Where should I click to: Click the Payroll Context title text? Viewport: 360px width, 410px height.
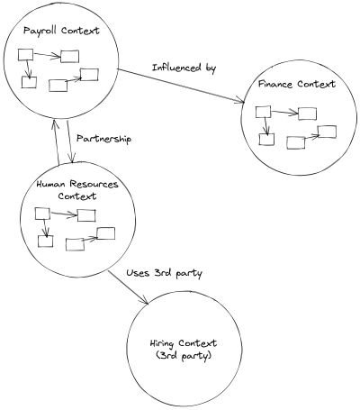pos(61,31)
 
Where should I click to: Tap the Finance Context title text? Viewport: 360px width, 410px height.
pos(297,84)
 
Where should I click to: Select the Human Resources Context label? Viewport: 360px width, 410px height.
pos(77,190)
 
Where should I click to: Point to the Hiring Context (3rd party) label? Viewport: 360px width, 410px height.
pos(184,350)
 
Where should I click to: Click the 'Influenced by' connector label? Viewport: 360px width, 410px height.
pos(184,68)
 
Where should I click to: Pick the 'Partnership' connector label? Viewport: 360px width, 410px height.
pos(103,139)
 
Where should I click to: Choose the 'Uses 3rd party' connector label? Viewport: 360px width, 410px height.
pos(164,273)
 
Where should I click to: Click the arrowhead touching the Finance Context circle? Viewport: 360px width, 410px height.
pos(241,100)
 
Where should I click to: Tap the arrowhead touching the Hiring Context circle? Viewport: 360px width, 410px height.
pos(145,300)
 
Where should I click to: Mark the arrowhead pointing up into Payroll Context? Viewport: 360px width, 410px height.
pos(54,124)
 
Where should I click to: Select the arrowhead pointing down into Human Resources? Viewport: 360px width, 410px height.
pos(71,159)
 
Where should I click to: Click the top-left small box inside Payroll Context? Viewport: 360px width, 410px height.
pos(26,55)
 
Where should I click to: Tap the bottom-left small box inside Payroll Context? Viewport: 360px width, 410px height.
pos(29,82)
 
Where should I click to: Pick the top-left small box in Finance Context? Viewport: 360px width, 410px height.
pos(263,112)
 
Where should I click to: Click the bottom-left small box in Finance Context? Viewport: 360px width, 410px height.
pos(266,140)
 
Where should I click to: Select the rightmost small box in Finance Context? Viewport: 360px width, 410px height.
pos(327,132)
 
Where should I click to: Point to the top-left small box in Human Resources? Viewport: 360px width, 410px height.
pos(42,214)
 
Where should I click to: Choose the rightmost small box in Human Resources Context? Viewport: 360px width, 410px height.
pos(105,233)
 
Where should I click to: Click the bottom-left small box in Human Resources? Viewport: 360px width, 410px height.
pos(46,241)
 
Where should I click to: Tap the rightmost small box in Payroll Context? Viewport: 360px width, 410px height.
pos(89,75)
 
